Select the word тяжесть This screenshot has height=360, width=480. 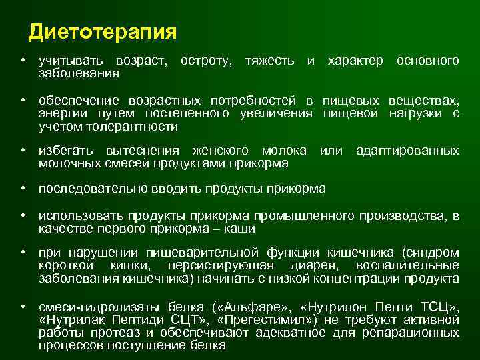pos(269,61)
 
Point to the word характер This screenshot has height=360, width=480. pos(355,61)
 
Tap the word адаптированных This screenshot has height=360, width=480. pos(407,151)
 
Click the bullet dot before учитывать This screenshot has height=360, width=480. pos(23,61)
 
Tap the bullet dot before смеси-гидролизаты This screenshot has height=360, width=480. pos(23,307)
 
